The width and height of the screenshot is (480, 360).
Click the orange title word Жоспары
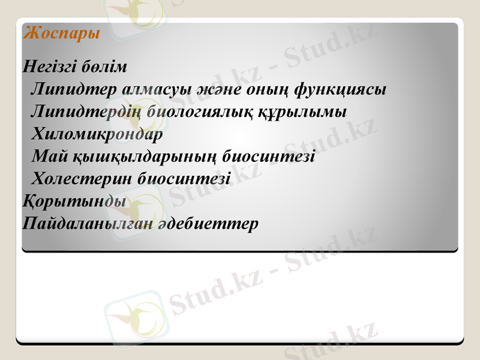tap(61, 34)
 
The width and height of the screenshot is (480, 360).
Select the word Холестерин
tap(82, 179)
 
